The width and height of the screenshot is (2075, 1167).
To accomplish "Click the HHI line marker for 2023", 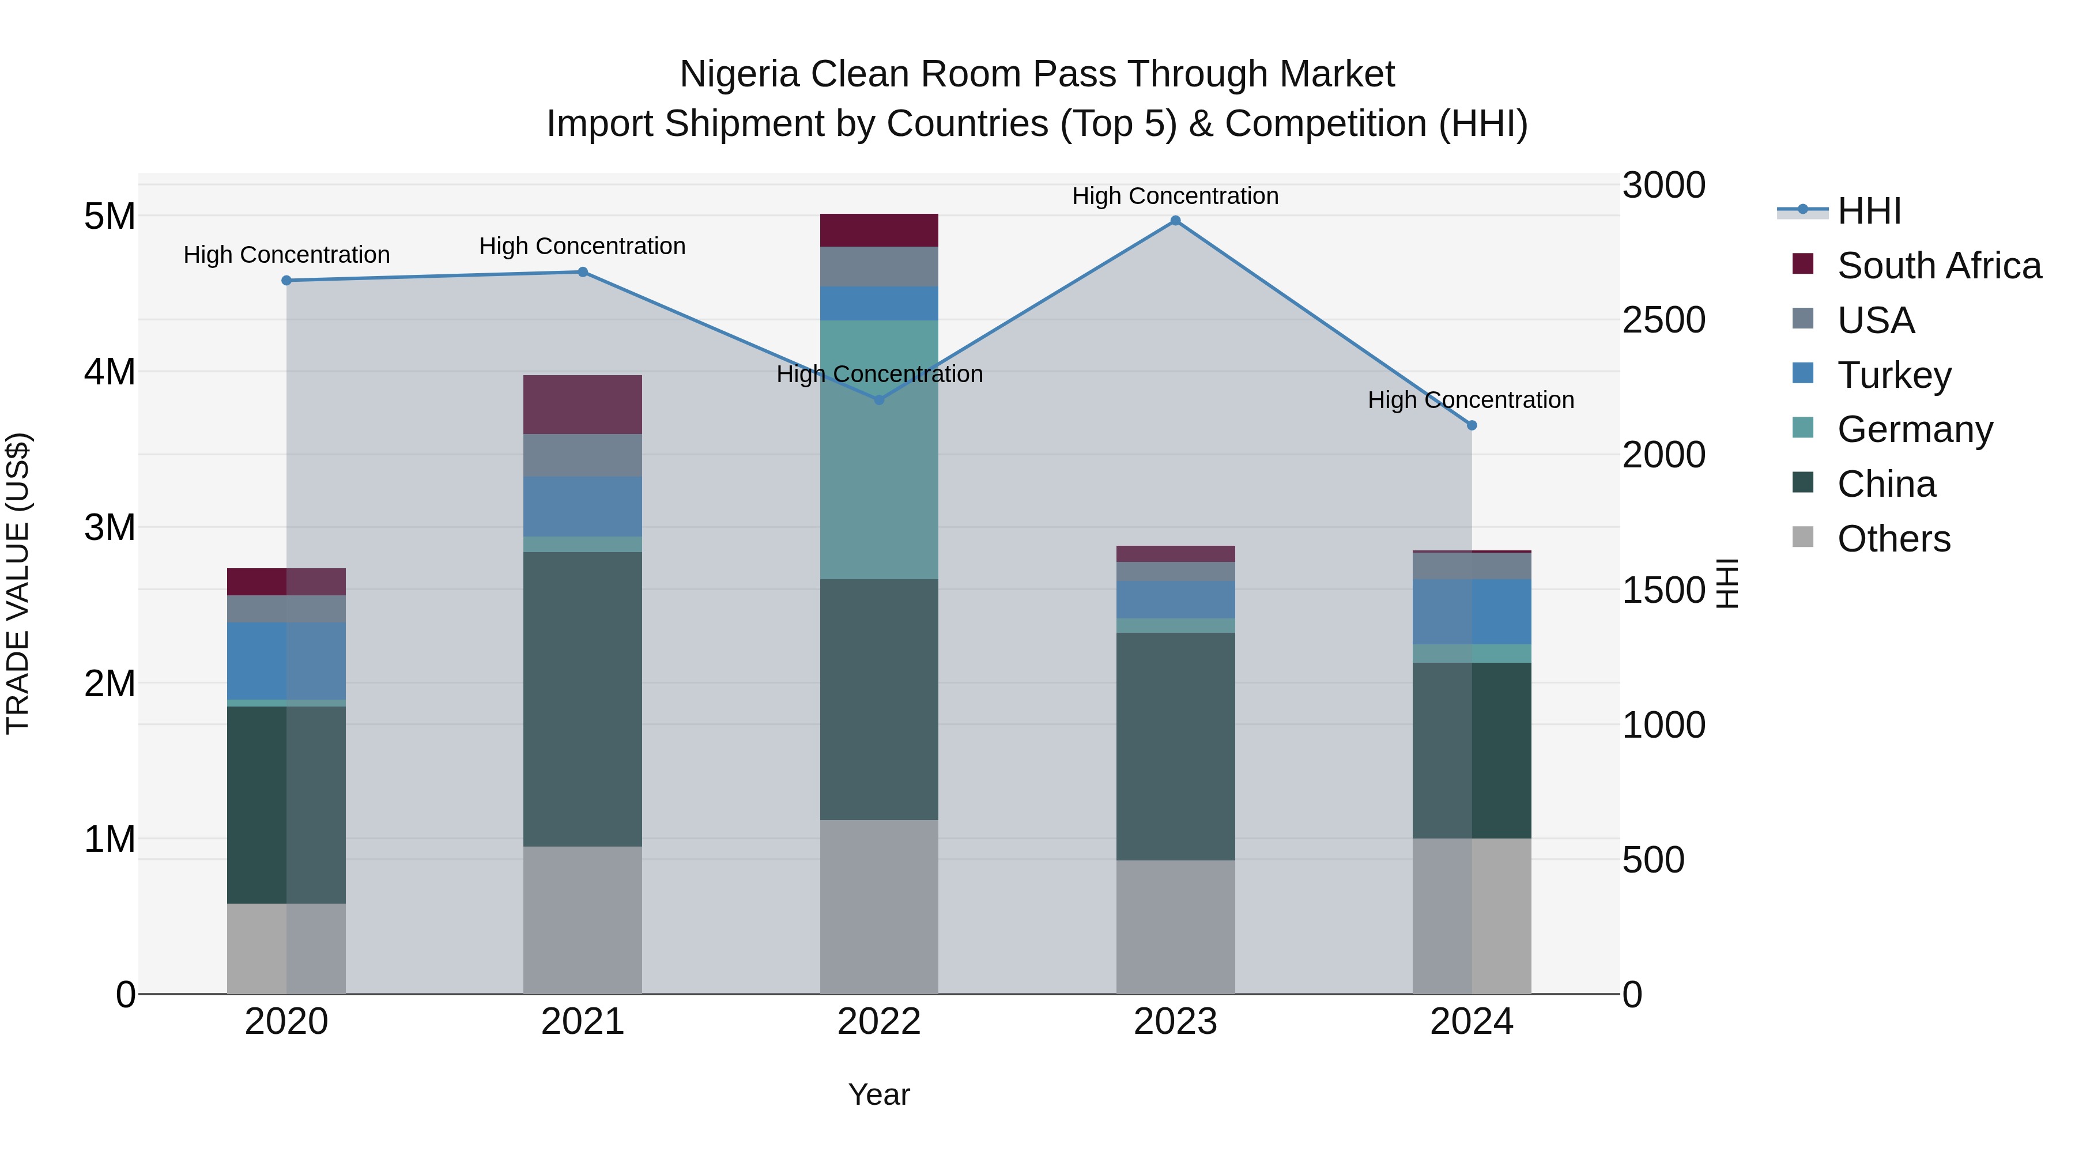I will pos(1175,221).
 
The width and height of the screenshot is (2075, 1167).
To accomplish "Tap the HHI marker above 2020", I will pos(287,280).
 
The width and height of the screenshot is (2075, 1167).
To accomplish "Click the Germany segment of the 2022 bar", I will pos(879,450).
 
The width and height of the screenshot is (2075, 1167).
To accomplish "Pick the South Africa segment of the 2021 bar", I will pos(582,405).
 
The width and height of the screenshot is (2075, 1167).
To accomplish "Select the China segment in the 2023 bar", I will pos(1175,746).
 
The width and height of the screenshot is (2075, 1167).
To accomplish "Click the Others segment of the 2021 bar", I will pos(582,919).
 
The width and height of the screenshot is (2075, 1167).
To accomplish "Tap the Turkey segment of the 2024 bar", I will pos(1472,611).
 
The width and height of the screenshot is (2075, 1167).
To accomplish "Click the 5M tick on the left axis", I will pos(110,216).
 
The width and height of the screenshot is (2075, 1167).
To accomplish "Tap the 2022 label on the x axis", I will pos(879,1022).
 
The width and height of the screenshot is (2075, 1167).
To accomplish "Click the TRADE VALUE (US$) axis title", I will pos(18,583).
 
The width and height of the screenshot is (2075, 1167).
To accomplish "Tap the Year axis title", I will pos(879,1094).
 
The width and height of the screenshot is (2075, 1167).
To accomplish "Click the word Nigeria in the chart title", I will pos(740,74).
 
